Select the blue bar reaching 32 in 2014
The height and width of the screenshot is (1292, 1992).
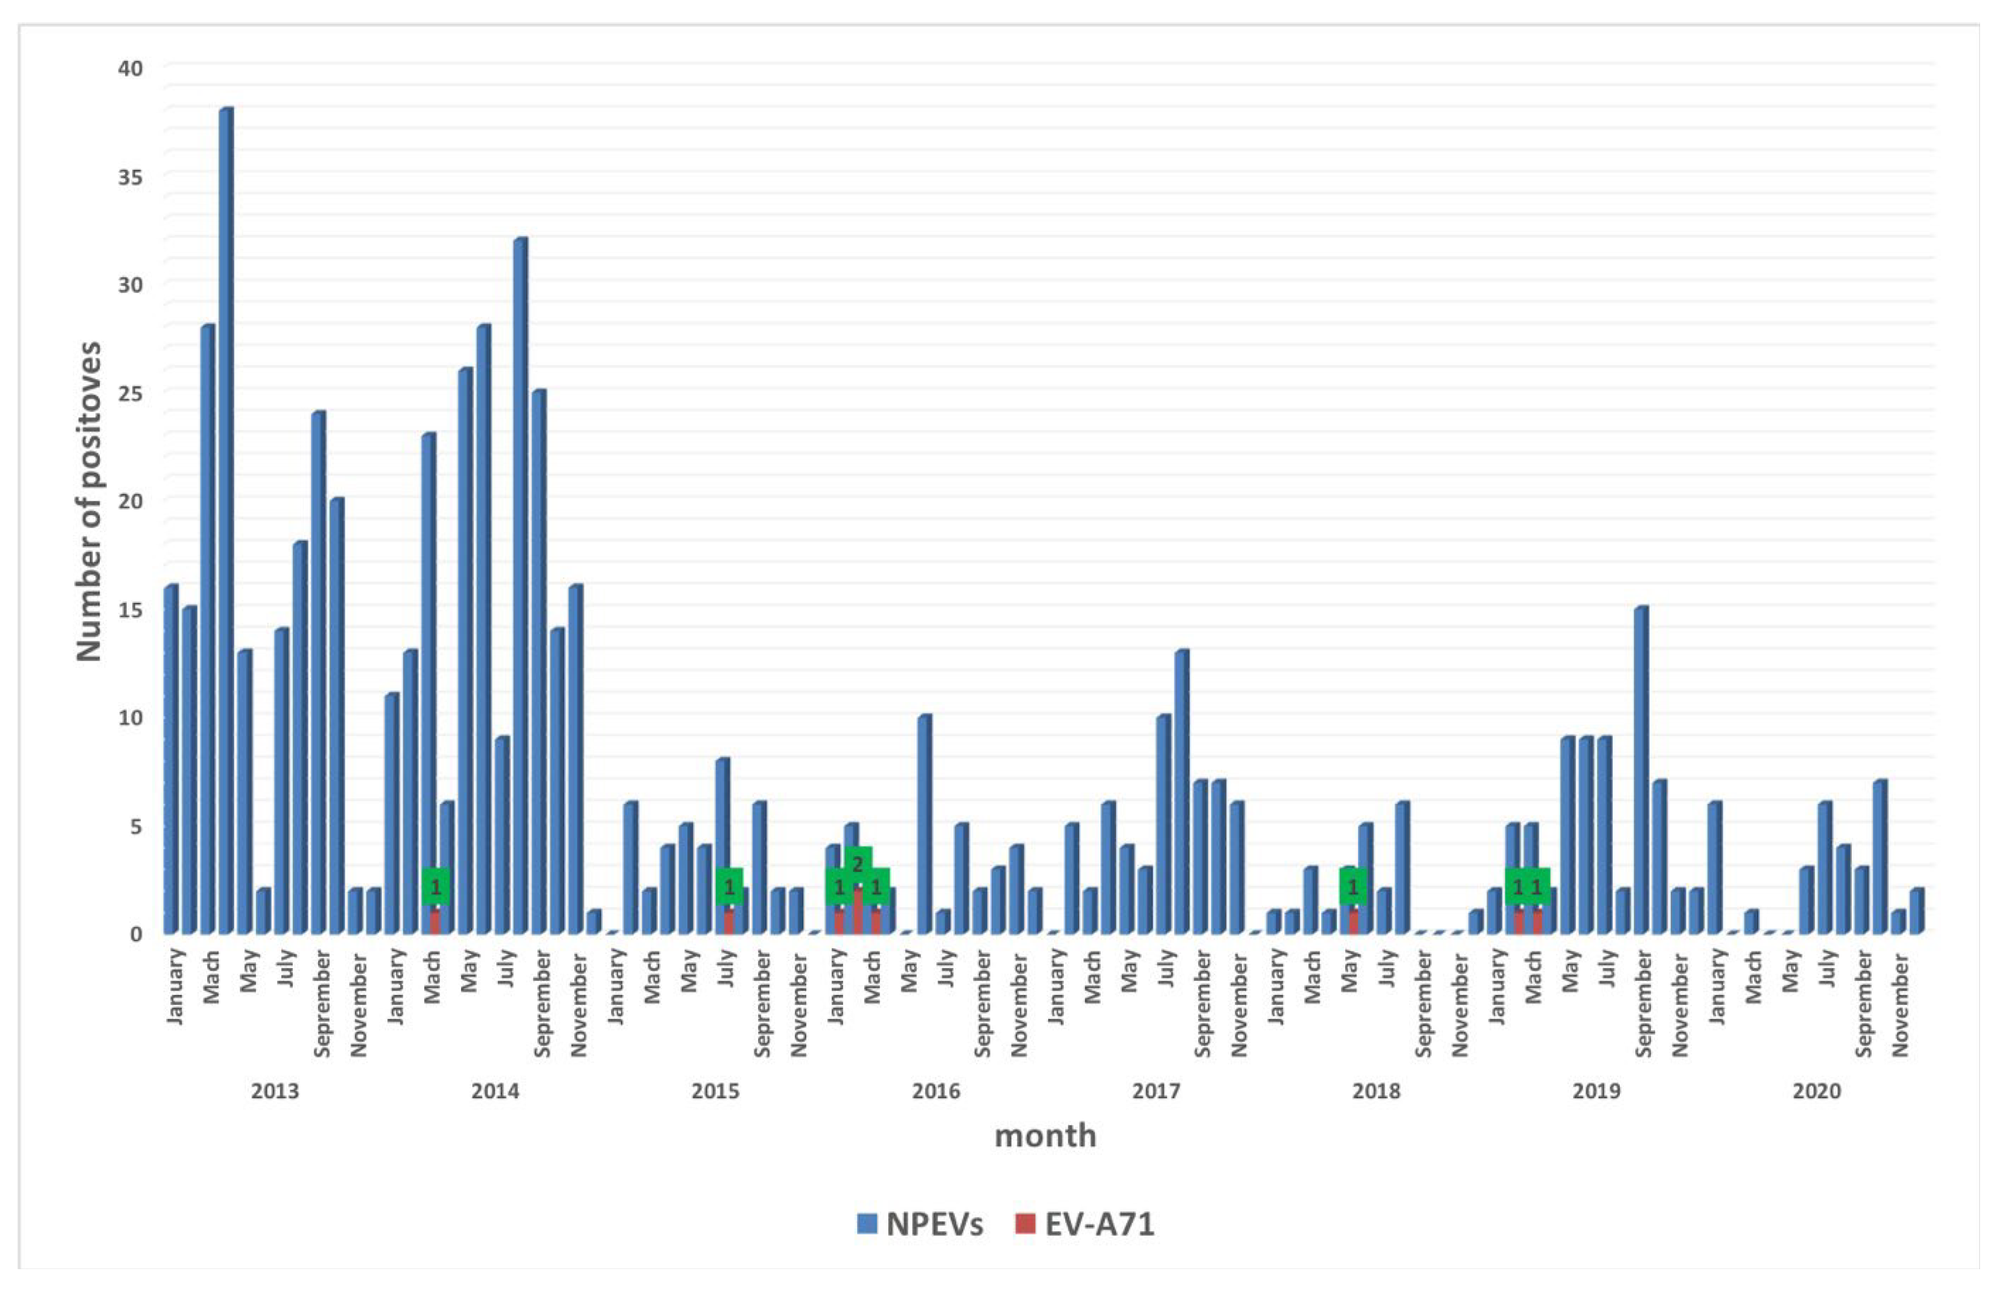520,586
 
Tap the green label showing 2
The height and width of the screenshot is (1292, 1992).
857,863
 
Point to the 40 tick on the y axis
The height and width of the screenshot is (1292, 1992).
130,68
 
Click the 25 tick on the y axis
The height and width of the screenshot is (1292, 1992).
130,392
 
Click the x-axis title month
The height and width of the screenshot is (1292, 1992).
1045,1136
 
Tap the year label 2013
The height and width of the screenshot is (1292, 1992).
275,1091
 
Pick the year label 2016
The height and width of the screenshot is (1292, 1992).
936,1091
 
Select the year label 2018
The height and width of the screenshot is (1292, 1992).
1376,1091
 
